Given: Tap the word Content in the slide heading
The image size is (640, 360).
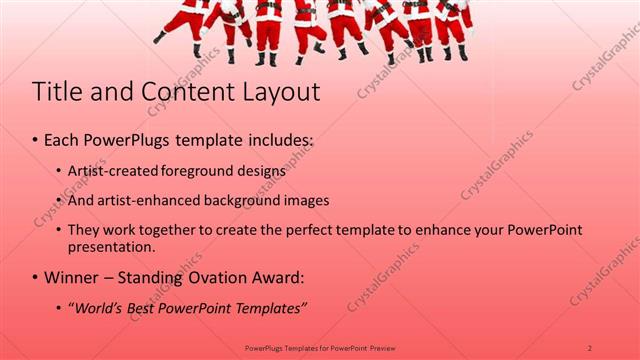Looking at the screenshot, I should (x=179, y=93).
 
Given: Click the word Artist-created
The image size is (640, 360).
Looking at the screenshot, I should (x=114, y=171).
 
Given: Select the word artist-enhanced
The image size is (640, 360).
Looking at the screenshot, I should (x=151, y=200).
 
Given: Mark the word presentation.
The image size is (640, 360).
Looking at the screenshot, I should (x=112, y=246).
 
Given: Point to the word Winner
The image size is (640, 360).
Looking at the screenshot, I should (x=72, y=277).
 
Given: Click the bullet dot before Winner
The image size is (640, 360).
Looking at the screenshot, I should (x=36, y=277).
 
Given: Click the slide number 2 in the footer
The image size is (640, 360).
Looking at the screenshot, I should (x=589, y=347).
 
